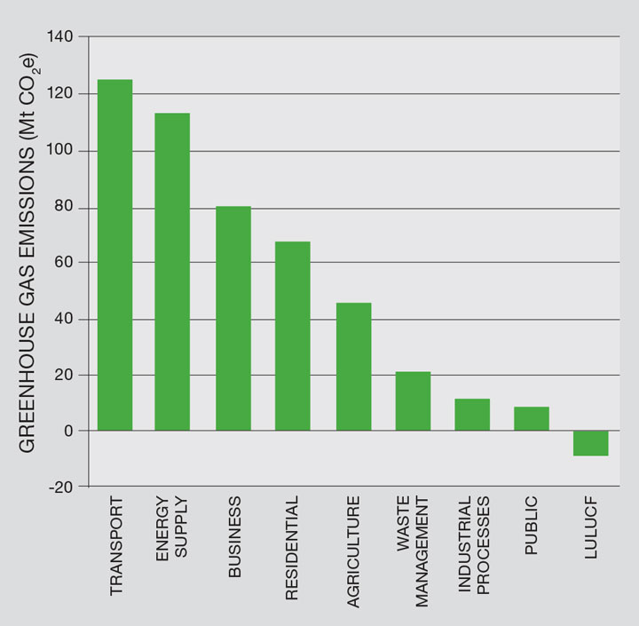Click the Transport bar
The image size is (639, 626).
(x=114, y=255)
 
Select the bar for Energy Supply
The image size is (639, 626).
(x=172, y=272)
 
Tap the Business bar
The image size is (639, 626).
(x=233, y=318)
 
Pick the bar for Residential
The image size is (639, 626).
(x=293, y=336)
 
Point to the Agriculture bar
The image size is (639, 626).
(x=353, y=366)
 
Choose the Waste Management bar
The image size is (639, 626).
(x=413, y=400)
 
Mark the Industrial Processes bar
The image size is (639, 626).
(x=472, y=415)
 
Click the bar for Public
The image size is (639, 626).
(x=532, y=418)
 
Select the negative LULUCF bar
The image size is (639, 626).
(x=591, y=443)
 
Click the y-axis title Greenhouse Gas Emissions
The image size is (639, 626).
(x=28, y=253)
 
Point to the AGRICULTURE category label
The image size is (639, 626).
(x=353, y=551)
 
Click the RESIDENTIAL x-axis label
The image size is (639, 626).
(x=293, y=549)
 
